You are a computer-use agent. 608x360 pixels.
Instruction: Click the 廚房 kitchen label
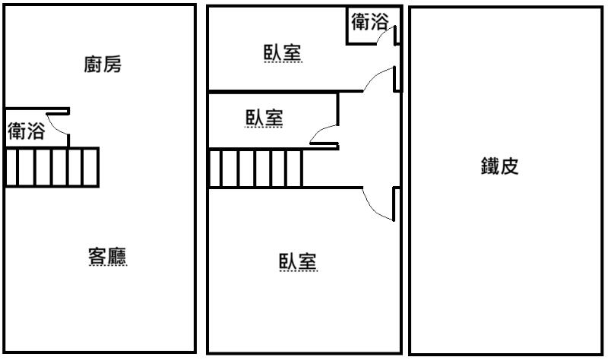(103, 65)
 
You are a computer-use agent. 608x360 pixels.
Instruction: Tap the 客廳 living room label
(107, 256)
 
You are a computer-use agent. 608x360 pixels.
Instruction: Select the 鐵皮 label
(500, 166)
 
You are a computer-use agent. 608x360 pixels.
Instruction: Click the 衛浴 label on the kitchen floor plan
(27, 131)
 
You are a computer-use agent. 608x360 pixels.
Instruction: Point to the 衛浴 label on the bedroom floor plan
(370, 21)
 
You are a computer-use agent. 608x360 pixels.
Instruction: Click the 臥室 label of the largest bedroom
(298, 261)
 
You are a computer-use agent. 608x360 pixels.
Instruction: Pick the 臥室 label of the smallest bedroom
(264, 118)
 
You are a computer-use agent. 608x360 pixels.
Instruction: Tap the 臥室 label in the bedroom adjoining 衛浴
(283, 52)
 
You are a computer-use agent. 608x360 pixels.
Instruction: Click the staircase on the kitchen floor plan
(52, 167)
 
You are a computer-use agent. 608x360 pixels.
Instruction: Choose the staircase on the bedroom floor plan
(255, 168)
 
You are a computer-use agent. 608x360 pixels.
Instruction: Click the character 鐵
(490, 166)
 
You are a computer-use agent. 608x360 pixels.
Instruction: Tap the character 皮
(509, 166)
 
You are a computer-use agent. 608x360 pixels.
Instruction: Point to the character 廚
(93, 65)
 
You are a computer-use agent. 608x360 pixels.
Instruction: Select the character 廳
(118, 256)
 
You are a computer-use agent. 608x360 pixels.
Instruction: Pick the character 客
(98, 256)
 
